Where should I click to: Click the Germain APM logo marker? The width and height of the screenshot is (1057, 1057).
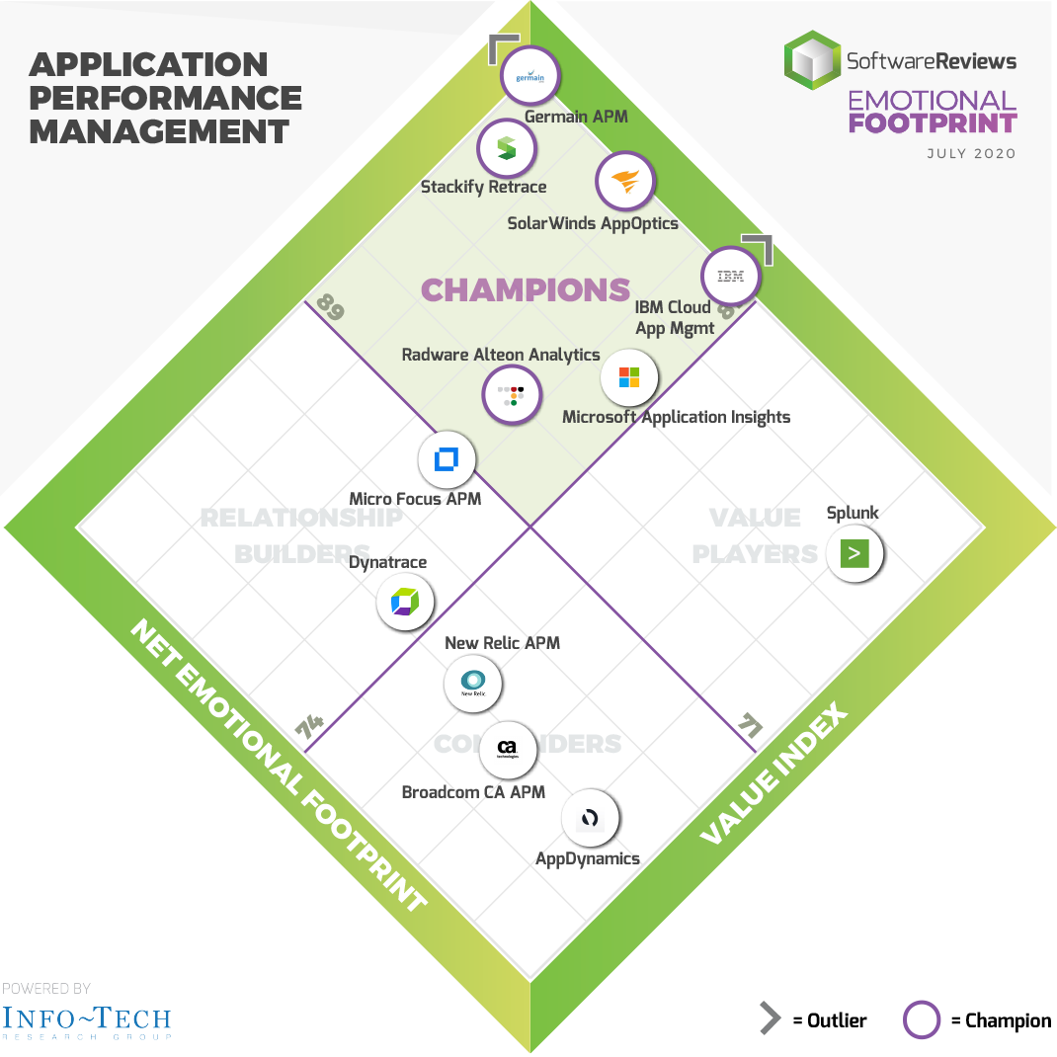(530, 76)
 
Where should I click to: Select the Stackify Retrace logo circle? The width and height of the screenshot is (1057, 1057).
(506, 150)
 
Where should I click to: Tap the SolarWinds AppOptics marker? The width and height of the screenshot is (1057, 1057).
(625, 183)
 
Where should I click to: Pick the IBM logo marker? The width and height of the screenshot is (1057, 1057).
(730, 276)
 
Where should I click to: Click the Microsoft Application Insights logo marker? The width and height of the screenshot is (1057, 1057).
(629, 377)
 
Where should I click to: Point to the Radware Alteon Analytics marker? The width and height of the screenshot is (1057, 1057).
(512, 395)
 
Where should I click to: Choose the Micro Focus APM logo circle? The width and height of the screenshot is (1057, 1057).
(447, 459)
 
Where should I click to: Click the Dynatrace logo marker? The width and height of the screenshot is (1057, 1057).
(405, 601)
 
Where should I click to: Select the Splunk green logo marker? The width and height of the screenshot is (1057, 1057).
(854, 553)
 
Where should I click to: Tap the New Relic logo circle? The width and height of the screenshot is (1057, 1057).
(473, 682)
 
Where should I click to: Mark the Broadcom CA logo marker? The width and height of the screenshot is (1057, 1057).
(508, 750)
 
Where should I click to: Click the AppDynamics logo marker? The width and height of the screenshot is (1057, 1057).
(590, 818)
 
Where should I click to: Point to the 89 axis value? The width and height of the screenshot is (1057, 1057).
(331, 309)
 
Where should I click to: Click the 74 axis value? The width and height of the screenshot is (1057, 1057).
(310, 729)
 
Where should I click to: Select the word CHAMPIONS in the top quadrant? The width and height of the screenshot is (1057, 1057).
(526, 289)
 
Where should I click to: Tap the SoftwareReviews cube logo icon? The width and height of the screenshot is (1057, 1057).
(811, 60)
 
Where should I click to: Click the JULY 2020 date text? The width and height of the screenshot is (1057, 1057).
(971, 154)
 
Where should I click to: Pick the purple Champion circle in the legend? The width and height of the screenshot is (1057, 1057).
(922, 1020)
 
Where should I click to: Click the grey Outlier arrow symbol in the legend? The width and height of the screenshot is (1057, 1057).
(770, 1019)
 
